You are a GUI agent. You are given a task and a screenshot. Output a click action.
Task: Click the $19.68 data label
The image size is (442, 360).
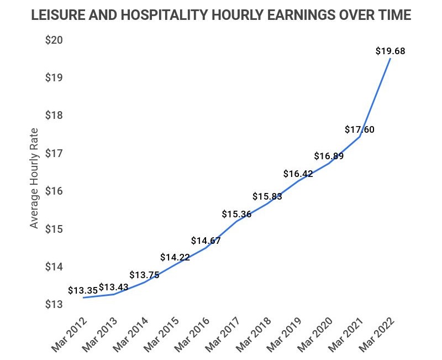[x=390, y=51]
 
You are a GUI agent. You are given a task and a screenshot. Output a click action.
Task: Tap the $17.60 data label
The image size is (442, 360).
[x=359, y=130]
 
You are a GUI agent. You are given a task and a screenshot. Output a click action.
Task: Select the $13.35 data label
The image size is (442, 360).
[x=83, y=290]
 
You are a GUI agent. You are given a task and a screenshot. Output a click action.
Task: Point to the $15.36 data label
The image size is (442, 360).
[x=236, y=214]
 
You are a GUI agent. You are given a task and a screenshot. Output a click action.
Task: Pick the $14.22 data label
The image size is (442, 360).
[x=175, y=257]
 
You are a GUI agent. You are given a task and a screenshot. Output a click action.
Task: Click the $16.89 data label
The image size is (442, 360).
[x=329, y=156]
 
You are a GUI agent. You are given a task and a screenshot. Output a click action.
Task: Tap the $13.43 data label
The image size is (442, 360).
[x=114, y=286]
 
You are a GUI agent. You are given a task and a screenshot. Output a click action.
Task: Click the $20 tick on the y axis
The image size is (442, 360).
[x=55, y=40]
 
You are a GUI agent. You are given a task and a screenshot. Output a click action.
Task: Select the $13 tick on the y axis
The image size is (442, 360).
[x=55, y=305]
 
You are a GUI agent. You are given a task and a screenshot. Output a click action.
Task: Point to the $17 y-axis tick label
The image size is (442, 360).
[x=55, y=153]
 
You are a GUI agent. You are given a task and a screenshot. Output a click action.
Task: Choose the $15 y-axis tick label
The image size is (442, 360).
[x=55, y=229]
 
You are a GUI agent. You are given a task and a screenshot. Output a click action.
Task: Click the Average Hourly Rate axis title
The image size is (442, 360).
[x=35, y=178]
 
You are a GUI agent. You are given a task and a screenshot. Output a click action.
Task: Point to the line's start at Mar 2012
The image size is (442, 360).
[x=83, y=298]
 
